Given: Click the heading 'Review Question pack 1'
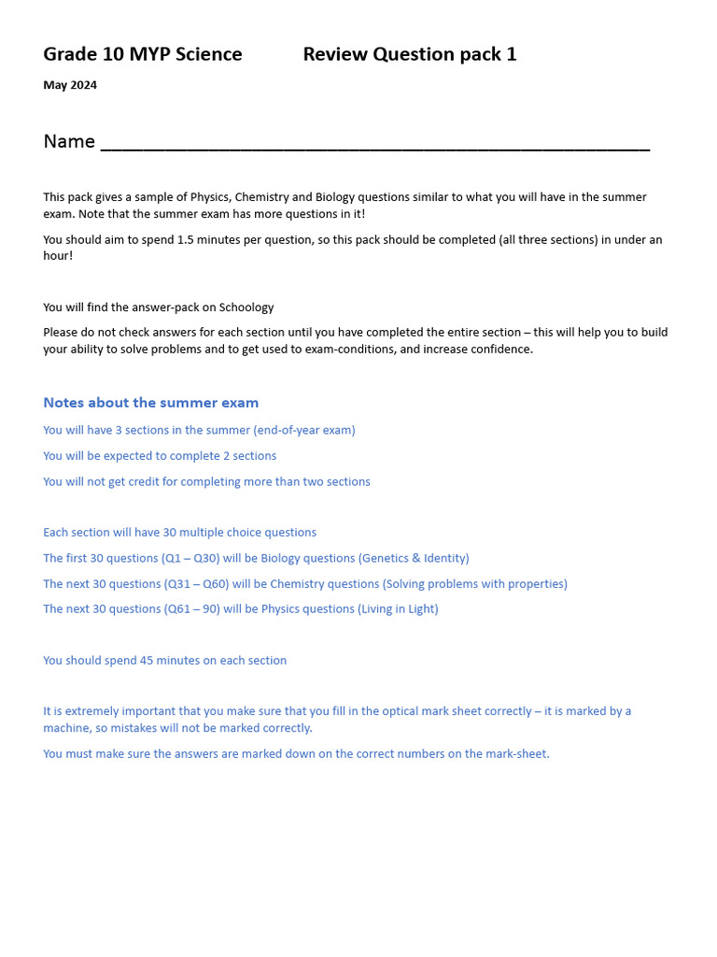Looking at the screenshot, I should coord(409,54).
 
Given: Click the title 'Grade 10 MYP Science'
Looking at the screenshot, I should coord(143,54).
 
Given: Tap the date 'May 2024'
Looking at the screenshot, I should coord(70,85).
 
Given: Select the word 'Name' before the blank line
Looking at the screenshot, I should coord(69,141).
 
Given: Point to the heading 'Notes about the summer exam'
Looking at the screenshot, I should coord(151,403).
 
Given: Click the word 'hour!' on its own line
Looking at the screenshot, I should coord(58,256).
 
